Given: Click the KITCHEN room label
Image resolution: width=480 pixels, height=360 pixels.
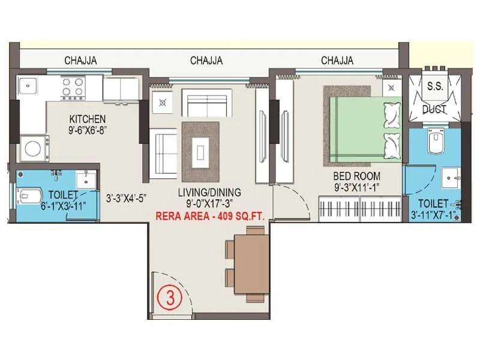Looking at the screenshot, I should [x=87, y=118].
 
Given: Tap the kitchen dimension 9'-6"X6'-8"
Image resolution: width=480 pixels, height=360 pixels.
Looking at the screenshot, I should [x=87, y=128].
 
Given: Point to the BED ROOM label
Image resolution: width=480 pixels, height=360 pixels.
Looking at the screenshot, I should [x=357, y=176].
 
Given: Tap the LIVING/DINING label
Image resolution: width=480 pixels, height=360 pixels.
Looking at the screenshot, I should [x=209, y=192].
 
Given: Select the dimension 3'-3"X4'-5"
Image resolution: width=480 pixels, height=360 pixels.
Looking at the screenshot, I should [x=127, y=197].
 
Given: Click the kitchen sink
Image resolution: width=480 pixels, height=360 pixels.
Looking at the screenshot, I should [x=28, y=87].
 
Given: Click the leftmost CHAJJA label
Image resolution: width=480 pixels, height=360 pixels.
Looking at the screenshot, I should [x=81, y=61].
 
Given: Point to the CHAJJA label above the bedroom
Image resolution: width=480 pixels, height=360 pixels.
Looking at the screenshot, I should [x=337, y=61].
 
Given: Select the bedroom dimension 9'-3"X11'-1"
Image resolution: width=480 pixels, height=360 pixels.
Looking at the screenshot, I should [x=357, y=187].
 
